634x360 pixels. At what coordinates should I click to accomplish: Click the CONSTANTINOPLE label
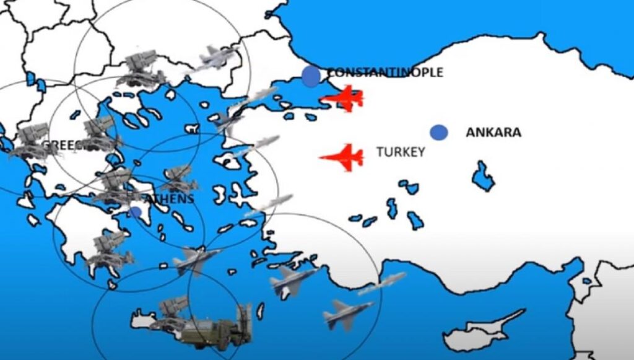(385, 72)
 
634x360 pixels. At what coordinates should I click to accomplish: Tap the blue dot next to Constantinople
(311, 76)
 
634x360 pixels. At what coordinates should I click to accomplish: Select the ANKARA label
(493, 132)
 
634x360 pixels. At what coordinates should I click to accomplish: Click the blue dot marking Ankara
(438, 132)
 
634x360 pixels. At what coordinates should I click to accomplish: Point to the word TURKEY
(401, 152)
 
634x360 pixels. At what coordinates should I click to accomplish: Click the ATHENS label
(169, 199)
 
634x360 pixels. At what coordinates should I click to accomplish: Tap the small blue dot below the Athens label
(136, 212)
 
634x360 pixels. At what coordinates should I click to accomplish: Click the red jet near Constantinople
(344, 98)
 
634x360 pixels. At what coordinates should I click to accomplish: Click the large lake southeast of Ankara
(483, 177)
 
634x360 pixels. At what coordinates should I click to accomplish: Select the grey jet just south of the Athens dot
(194, 258)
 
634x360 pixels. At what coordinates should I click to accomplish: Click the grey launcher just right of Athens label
(180, 178)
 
